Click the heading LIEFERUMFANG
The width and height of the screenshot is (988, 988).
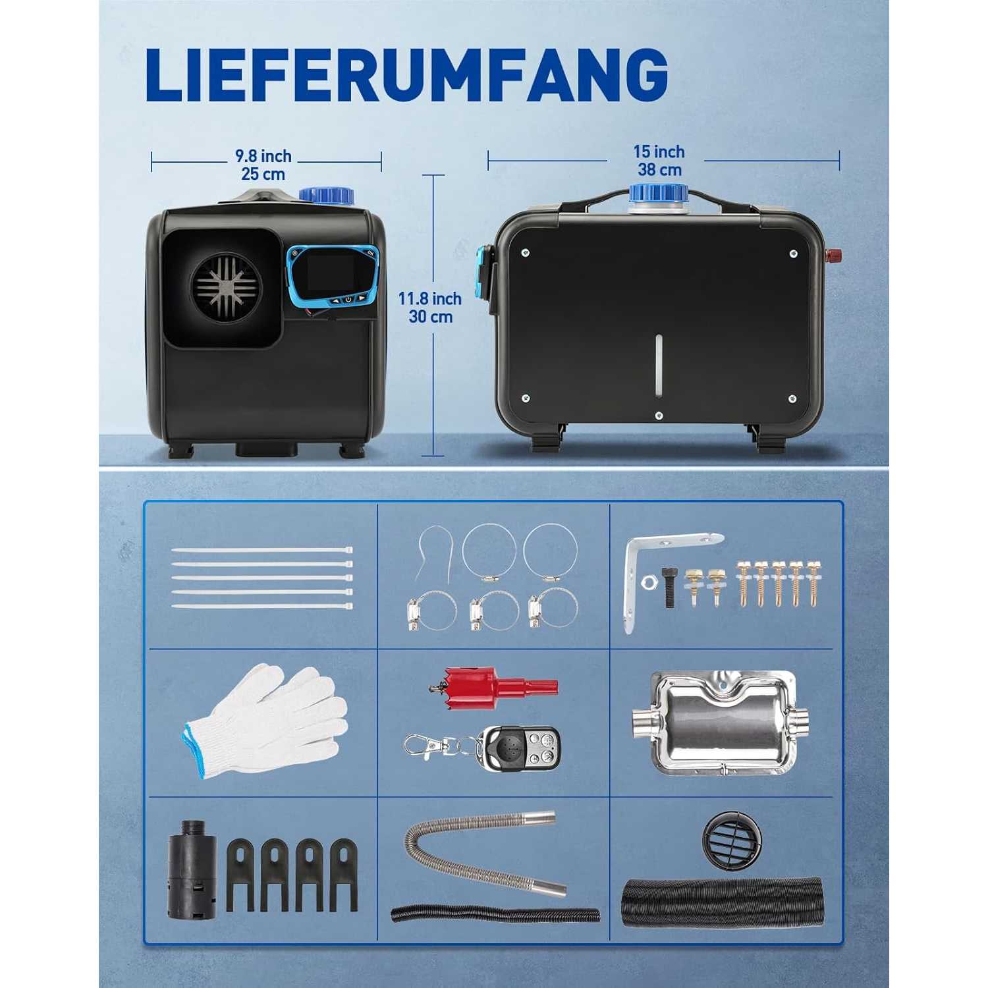[x=406, y=74]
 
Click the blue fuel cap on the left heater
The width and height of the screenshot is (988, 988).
[x=326, y=196]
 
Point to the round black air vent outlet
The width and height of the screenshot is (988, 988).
[x=732, y=838]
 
